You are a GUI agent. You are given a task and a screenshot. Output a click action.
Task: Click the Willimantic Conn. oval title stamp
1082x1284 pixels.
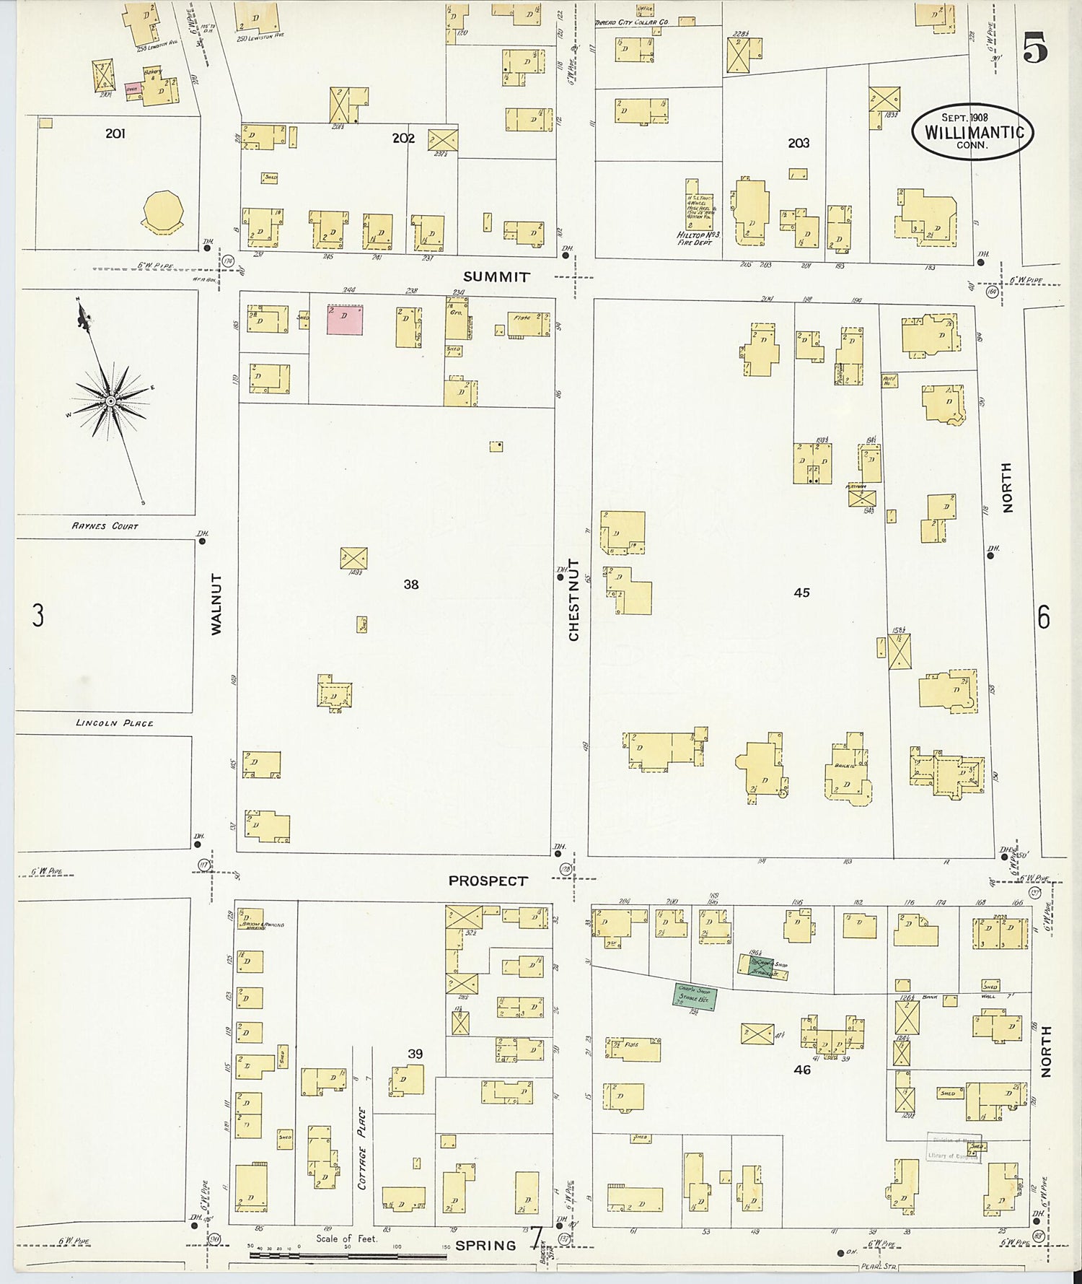(x=972, y=131)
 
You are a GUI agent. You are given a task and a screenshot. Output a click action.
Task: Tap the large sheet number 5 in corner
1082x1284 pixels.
(x=1035, y=49)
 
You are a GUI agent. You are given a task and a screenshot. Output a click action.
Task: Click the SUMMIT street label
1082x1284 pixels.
(x=496, y=277)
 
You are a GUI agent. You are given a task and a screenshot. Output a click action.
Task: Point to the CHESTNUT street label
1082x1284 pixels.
(x=574, y=599)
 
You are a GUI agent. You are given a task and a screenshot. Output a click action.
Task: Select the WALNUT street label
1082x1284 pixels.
(x=216, y=604)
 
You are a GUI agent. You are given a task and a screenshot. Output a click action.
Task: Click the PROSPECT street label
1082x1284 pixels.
(x=488, y=881)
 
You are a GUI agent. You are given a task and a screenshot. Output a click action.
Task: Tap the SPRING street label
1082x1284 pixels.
(x=485, y=1245)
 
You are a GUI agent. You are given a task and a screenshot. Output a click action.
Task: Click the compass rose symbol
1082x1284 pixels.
(x=110, y=401)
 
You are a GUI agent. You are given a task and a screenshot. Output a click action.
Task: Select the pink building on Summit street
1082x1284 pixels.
(x=345, y=320)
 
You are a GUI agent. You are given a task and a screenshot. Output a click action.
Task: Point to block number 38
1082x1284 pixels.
(x=410, y=584)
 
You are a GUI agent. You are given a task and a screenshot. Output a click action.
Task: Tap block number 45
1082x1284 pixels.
(x=801, y=593)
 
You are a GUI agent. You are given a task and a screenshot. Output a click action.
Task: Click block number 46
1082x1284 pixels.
(x=802, y=1070)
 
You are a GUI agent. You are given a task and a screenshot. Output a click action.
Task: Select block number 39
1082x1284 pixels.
(x=415, y=1054)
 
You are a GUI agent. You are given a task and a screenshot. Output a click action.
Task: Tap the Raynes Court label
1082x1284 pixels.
(x=105, y=526)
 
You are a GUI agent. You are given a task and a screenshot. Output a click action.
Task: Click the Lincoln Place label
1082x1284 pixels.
(x=114, y=722)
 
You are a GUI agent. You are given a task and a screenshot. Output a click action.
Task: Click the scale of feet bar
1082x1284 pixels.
(x=348, y=1256)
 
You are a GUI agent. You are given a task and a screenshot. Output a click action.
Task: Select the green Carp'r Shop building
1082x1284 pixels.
(x=695, y=996)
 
